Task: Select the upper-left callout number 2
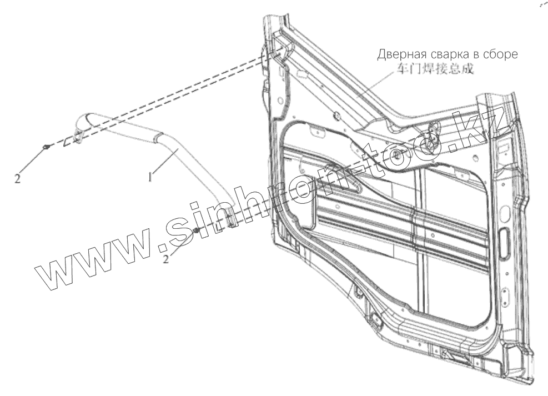click(18, 179)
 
